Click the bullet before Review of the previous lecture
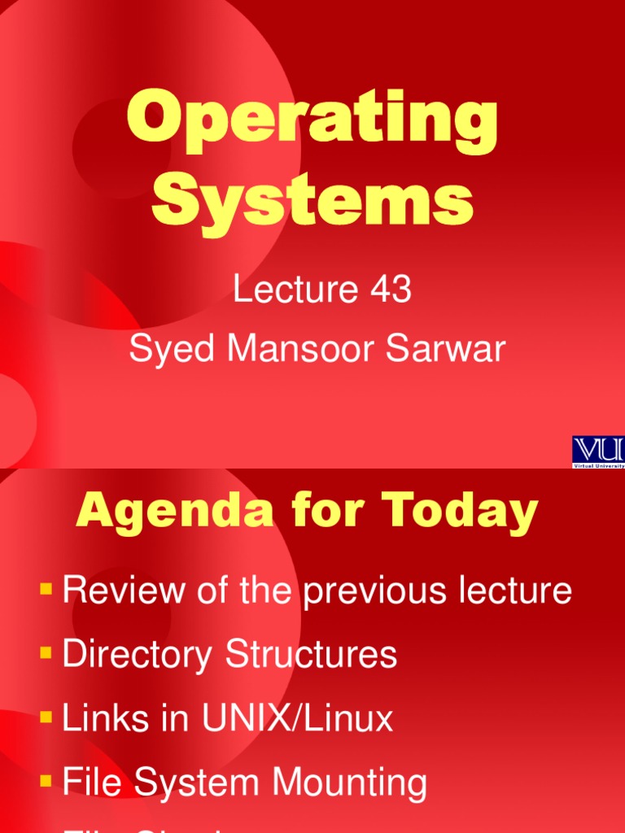pos(46,587)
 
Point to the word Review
pos(121,591)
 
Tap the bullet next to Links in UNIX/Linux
pos(46,716)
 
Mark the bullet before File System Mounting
pos(46,780)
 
